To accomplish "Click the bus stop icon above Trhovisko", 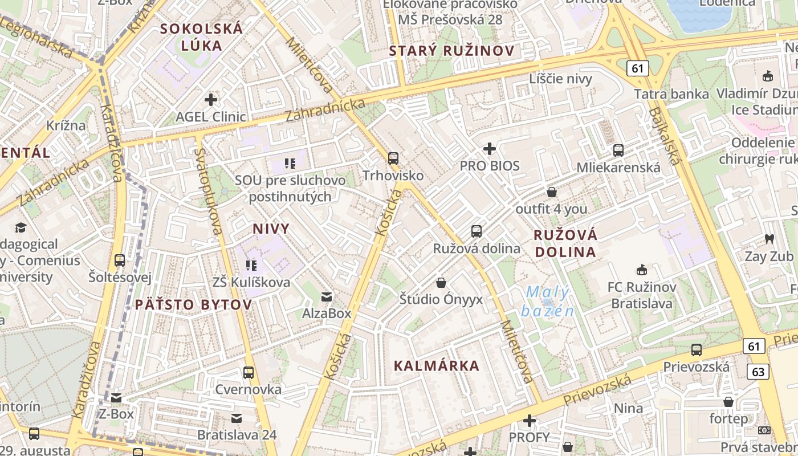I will point(393,158).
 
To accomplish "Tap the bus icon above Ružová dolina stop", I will point(477,231).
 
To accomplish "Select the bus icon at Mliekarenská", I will point(618,150).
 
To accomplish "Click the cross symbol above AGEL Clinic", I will point(211,100).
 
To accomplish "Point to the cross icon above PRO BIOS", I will point(490,149).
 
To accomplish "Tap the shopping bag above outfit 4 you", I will point(551,192).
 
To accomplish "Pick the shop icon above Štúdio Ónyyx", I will point(441,282).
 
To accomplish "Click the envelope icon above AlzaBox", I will point(327,296).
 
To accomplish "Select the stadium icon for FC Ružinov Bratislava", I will point(642,270).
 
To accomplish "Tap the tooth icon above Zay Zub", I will point(769,239).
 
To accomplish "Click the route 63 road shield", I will point(758,372).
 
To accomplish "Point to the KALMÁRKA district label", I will point(437,366).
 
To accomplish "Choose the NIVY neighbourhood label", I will point(271,229).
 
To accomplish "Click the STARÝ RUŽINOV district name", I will point(451,51).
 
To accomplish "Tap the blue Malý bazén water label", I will point(547,302).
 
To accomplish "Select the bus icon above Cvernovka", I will point(249,373).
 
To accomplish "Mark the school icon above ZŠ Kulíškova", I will point(251,265).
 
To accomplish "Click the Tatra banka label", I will point(671,94).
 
